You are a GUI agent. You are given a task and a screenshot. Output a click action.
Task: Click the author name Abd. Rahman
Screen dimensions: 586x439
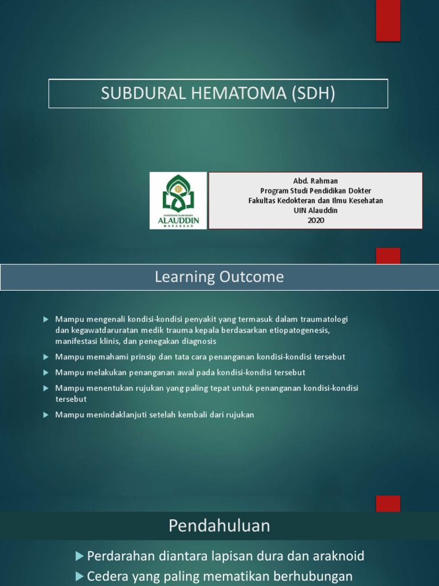316,181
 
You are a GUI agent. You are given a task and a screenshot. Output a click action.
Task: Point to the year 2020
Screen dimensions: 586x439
316,220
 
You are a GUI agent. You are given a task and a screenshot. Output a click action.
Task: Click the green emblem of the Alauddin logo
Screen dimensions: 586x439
178,193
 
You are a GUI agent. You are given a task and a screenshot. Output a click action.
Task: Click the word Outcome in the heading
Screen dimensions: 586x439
252,277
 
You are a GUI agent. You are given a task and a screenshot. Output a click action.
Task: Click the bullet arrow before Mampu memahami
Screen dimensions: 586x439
46,357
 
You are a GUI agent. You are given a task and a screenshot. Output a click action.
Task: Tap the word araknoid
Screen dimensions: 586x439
340,556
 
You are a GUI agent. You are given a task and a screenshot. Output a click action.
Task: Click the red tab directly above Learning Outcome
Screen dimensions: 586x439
388,255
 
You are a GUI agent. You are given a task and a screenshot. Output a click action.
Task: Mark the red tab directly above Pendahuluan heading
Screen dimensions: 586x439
388,504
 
